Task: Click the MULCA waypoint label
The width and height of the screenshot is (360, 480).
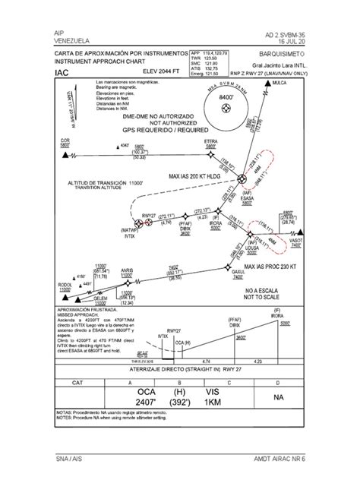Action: [278, 80]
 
